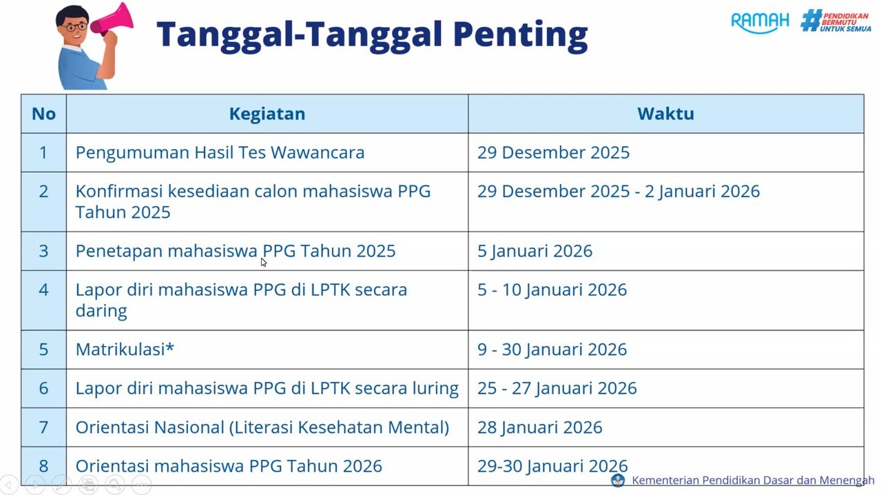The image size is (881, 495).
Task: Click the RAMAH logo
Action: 760,22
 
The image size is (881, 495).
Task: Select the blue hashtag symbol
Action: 811,20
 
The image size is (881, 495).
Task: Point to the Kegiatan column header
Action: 267,114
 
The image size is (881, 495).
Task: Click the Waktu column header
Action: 665,114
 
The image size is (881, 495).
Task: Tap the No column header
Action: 43,114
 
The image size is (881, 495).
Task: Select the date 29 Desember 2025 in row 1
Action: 553,152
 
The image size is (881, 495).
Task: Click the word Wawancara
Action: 318,152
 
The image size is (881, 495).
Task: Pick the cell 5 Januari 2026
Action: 535,251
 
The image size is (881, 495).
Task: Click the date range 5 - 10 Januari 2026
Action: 552,290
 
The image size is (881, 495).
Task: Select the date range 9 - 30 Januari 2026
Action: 552,350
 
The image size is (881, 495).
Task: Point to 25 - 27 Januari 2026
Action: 557,388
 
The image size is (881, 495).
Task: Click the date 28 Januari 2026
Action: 539,427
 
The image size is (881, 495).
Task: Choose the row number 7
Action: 43,427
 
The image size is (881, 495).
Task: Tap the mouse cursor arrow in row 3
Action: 264,262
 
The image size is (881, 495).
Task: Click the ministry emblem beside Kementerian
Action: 618,480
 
